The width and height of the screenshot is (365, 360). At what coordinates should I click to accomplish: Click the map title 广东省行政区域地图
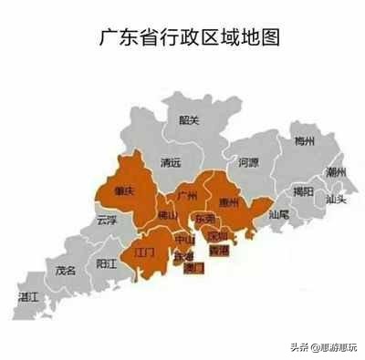[187, 37]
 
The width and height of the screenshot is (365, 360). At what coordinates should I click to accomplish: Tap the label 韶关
[189, 119]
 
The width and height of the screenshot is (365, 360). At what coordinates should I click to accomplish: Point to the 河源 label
[248, 162]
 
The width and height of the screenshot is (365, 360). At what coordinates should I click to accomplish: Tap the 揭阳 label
[303, 190]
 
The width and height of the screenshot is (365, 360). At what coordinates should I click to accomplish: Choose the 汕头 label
[335, 199]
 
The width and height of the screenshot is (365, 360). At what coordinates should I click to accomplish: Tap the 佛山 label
[168, 216]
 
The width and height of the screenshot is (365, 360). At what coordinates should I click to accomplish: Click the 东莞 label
[205, 220]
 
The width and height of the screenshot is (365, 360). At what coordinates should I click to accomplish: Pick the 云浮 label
[106, 221]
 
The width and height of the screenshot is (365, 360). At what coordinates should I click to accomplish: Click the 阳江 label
[106, 264]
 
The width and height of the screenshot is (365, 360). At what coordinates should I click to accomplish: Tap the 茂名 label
[65, 271]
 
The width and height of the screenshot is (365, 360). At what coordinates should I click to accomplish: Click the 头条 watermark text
[297, 346]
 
